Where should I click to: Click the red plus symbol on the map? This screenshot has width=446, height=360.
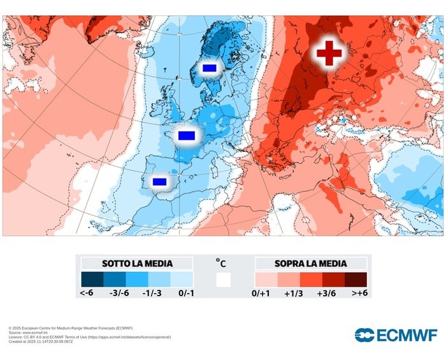pyautogui.click(x=329, y=52)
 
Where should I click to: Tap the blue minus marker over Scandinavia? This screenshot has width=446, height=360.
pyautogui.click(x=209, y=68)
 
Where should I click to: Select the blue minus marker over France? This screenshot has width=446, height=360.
pyautogui.click(x=186, y=135)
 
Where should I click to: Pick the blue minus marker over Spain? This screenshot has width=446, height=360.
pyautogui.click(x=159, y=182)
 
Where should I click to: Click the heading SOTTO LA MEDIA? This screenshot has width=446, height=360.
pyautogui.click(x=137, y=263)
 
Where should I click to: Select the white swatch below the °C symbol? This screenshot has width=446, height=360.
pyautogui.click(x=223, y=280)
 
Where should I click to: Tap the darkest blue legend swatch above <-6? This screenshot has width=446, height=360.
pyautogui.click(x=92, y=280)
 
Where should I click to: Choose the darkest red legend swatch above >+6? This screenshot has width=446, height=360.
pyautogui.click(x=356, y=280)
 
